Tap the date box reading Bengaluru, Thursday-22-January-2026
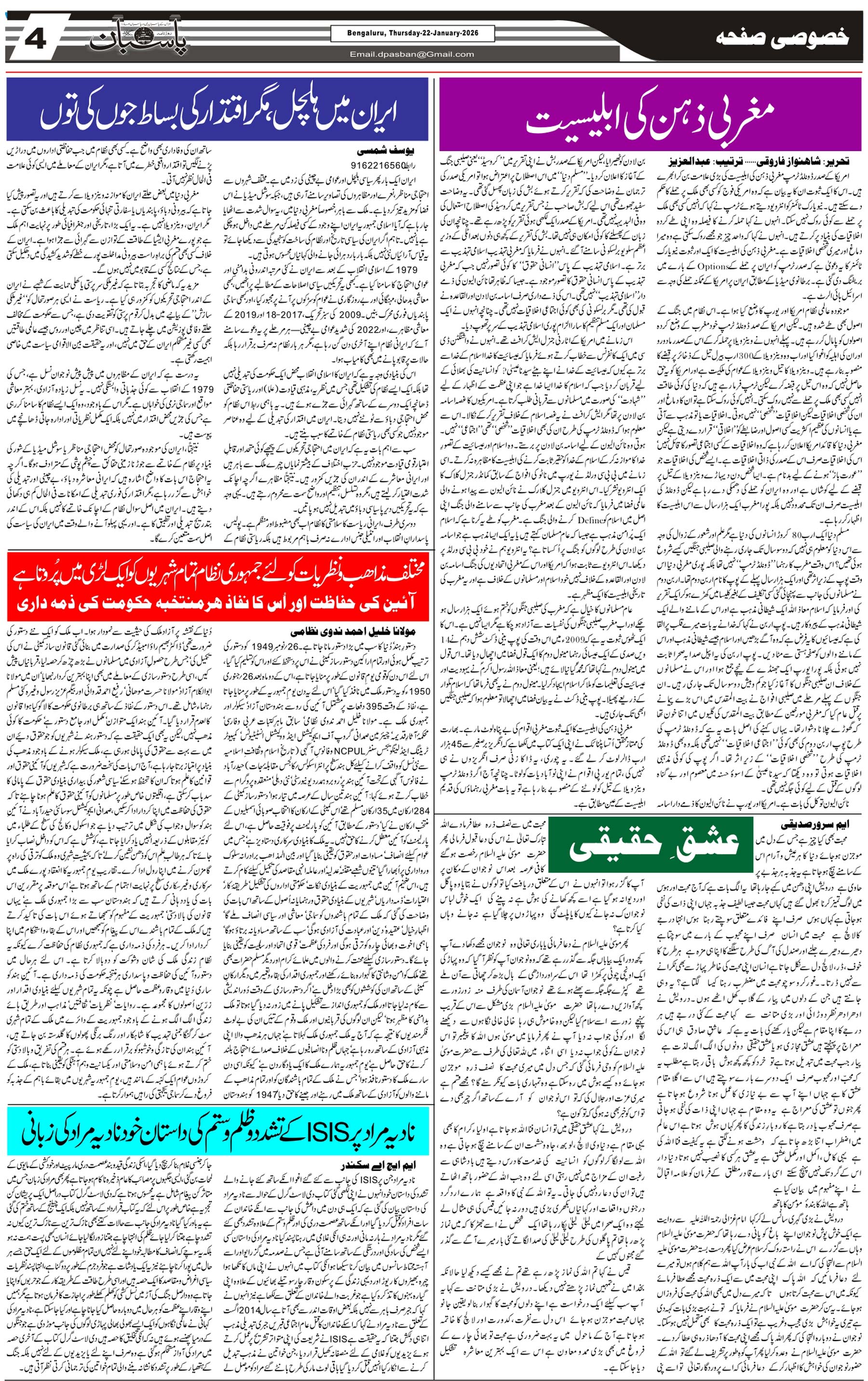coord(412,33)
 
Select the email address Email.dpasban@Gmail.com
coord(412,54)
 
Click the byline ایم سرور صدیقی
coord(818,825)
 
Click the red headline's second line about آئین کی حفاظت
coord(217,603)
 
